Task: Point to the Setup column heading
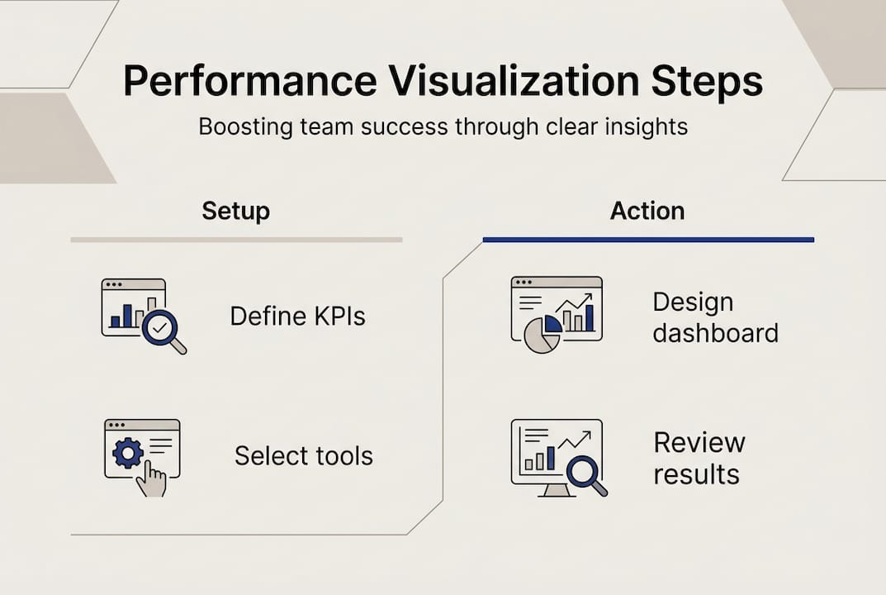click(235, 211)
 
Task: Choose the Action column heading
click(647, 211)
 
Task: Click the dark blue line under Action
click(648, 240)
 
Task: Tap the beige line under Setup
click(236, 240)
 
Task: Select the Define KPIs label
click(297, 317)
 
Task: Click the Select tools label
click(304, 455)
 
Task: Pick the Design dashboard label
click(715, 317)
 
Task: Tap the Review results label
click(699, 458)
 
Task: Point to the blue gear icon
click(128, 454)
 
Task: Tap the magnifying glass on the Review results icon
click(585, 474)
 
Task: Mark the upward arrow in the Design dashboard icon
click(576, 302)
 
